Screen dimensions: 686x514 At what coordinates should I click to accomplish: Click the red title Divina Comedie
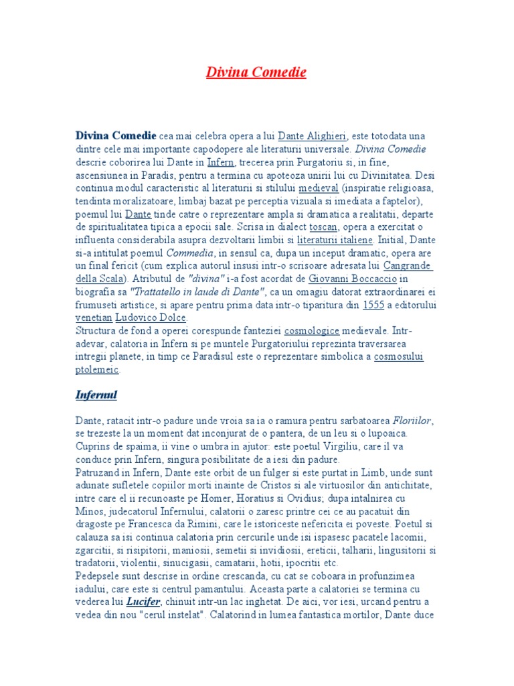(256, 72)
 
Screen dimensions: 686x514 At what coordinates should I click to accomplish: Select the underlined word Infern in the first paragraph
(220, 162)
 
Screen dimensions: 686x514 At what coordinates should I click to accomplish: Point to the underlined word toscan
(323, 227)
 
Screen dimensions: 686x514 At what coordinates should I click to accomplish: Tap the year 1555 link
(373, 305)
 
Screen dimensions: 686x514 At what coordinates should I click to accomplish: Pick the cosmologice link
(312, 331)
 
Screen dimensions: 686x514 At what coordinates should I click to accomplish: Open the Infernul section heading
(96, 395)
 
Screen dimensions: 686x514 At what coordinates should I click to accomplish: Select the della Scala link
(100, 279)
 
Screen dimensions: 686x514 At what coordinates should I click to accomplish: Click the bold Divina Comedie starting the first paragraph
(116, 136)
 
